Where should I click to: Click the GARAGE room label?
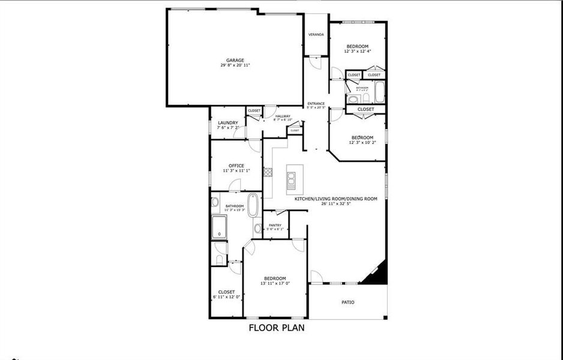[x=235, y=60]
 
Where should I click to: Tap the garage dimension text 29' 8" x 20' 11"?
[x=235, y=65]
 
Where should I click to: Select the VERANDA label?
[x=316, y=35]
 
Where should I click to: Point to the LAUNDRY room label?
[x=227, y=123]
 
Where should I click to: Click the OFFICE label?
[x=236, y=166]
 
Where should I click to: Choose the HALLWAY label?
[x=283, y=116]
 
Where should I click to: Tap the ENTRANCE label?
[x=316, y=103]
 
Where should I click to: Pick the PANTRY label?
[x=275, y=225]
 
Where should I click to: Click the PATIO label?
[x=348, y=302]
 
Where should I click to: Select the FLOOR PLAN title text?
[x=277, y=328]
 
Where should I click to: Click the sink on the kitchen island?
[x=291, y=178]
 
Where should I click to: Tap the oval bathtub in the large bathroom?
[x=253, y=205]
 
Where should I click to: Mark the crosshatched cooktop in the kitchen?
[x=267, y=173]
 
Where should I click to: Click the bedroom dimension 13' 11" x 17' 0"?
[x=275, y=284]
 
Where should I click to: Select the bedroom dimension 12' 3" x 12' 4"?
[x=357, y=52]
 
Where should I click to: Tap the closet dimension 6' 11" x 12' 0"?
[x=226, y=297]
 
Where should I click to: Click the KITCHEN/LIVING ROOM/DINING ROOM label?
[x=336, y=199]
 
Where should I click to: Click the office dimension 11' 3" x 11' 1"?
[x=236, y=171]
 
